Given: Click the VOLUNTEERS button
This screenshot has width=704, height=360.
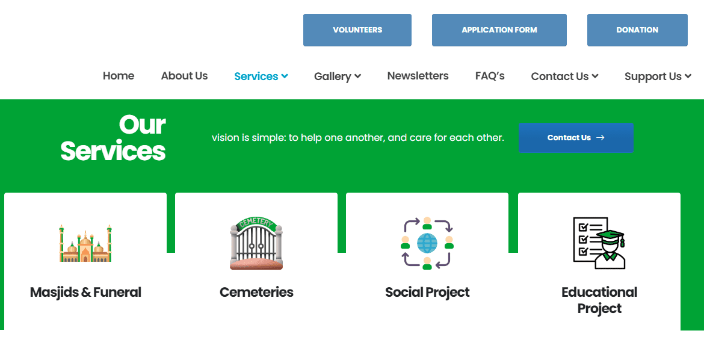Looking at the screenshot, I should tap(357, 30).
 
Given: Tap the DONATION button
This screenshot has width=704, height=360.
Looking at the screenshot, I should tap(637, 30).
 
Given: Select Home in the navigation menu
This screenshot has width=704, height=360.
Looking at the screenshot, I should tap(119, 76).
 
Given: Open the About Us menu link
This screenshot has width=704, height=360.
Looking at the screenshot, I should tap(184, 76).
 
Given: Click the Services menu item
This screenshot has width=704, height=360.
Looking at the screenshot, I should tap(256, 76).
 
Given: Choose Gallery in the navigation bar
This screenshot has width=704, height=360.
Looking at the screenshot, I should tap(333, 76).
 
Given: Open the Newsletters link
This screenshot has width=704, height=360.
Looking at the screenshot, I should tap(418, 76).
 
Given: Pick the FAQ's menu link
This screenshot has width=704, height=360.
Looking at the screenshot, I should tap(490, 76).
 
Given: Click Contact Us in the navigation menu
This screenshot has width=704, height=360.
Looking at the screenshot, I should tap(560, 76).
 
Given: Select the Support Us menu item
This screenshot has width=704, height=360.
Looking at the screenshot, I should tap(653, 76).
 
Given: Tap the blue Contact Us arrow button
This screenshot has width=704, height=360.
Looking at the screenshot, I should tap(576, 138).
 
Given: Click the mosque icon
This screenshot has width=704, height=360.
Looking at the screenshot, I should tap(85, 244).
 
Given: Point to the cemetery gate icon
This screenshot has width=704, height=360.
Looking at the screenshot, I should tap(256, 244).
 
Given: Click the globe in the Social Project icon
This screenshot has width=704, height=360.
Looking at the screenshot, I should tap(427, 243).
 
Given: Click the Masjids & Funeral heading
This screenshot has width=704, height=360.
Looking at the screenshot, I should tap(85, 293).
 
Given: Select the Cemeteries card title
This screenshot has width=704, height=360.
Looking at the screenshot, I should tap(256, 293).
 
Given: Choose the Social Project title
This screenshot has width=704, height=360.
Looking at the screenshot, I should tap(427, 293).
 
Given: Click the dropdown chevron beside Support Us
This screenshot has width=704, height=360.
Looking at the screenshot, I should tap(688, 76).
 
